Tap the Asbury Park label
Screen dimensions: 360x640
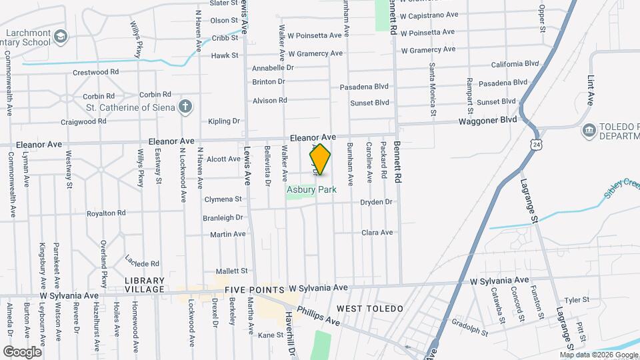point(311,189)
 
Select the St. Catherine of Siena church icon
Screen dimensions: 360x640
point(186,107)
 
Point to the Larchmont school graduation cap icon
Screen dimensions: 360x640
point(61,36)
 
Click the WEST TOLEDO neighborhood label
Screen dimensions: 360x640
point(370,308)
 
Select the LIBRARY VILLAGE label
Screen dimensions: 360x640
point(145,285)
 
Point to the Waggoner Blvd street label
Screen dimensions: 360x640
point(487,120)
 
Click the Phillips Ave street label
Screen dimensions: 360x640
point(319,316)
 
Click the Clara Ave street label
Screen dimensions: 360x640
point(377,233)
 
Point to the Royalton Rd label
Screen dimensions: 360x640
point(106,213)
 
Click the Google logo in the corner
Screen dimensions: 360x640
point(22,351)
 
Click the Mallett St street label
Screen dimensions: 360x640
point(232,271)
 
